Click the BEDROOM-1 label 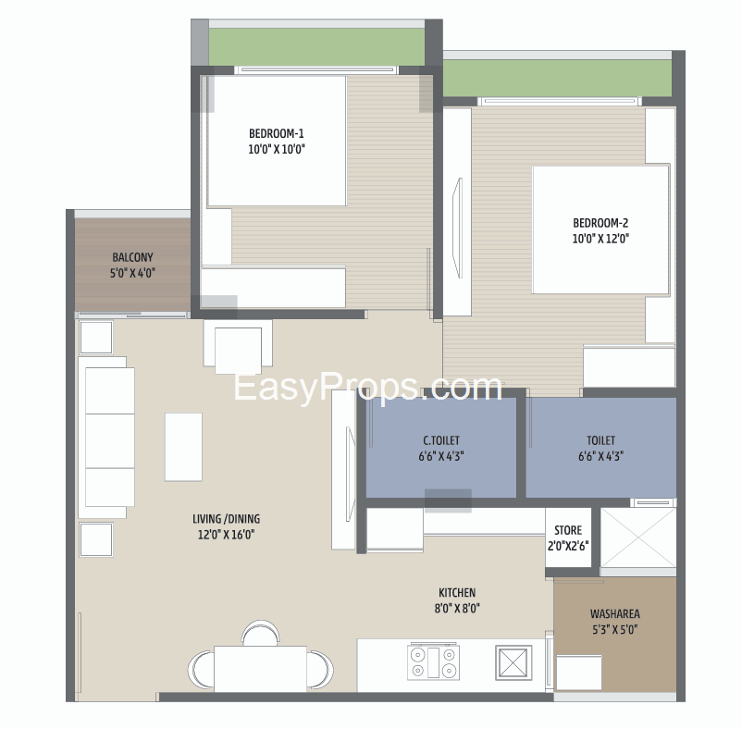tap(277, 134)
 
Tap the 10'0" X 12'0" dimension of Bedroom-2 tap(600, 239)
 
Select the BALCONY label tap(132, 257)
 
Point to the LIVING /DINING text tap(226, 519)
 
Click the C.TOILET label tap(441, 440)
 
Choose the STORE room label tap(568, 530)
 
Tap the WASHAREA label tap(614, 614)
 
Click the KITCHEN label tap(457, 593)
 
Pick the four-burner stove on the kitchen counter tap(433, 661)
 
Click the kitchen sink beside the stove tap(513, 662)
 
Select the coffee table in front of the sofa tap(183, 447)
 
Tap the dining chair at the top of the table tap(260, 633)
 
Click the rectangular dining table tap(260, 669)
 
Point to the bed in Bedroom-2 tap(601, 230)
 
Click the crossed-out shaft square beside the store tap(638, 537)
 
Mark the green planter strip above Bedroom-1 tap(316, 47)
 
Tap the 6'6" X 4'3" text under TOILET tap(600, 456)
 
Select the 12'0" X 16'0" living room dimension tap(226, 535)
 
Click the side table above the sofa tap(96, 338)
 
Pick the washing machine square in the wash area tap(579, 673)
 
